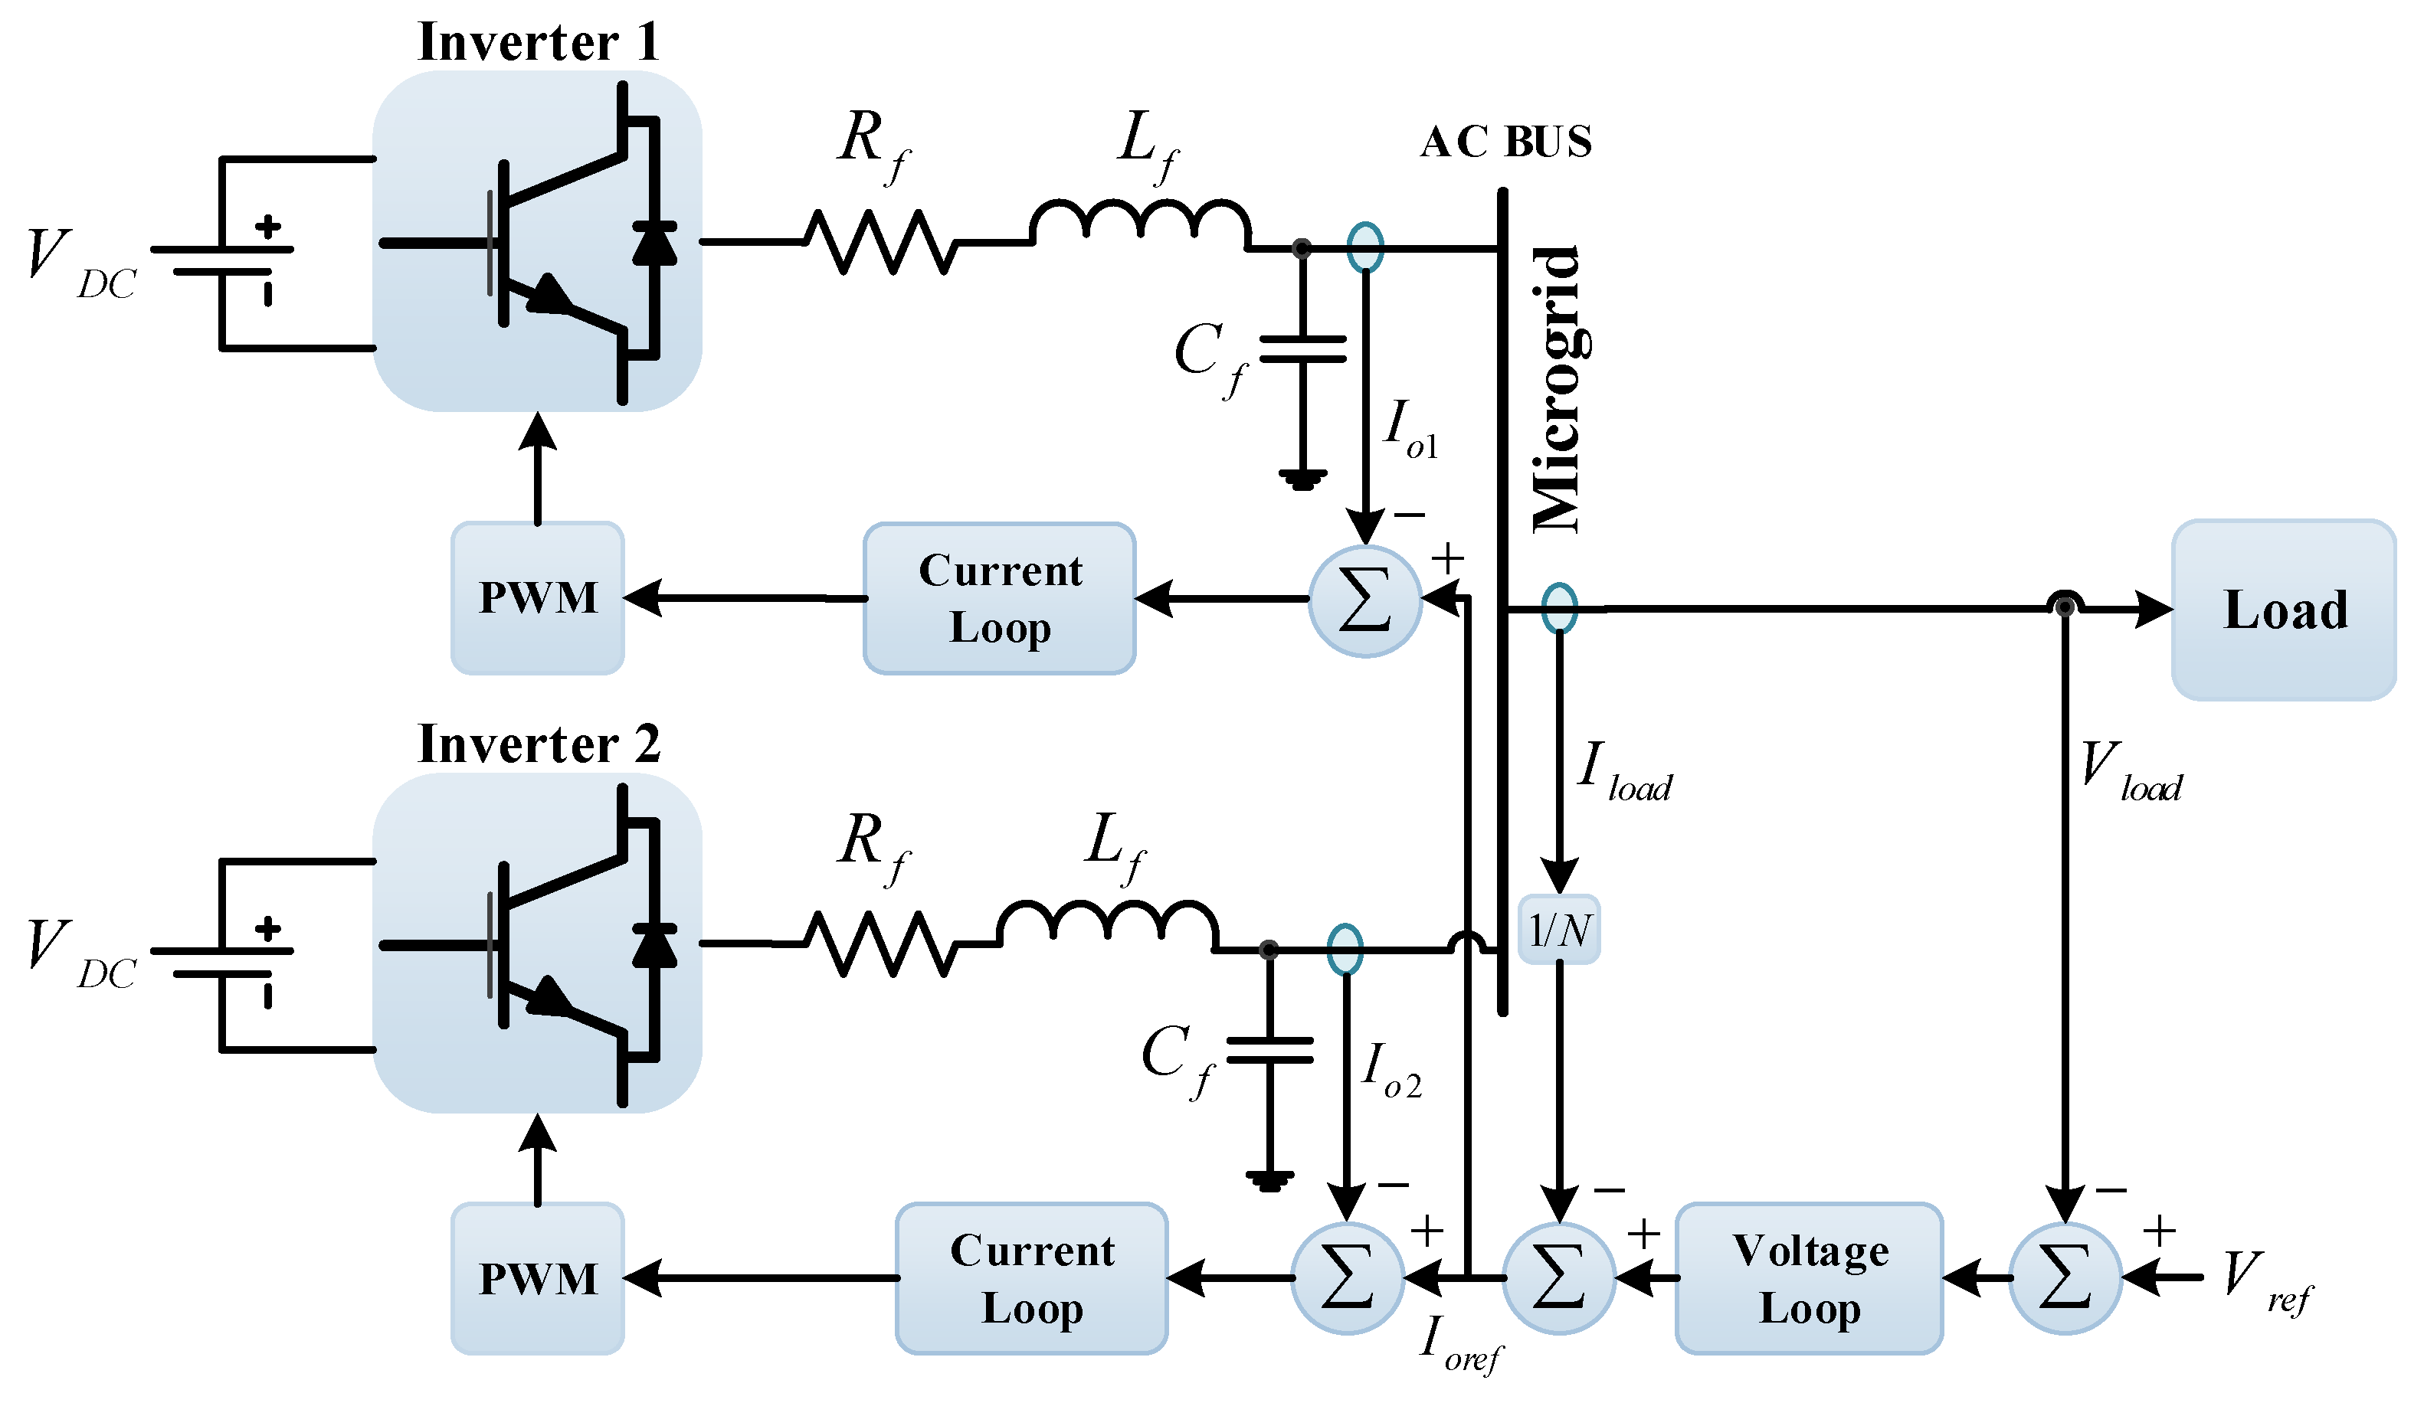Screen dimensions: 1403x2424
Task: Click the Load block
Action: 2284,610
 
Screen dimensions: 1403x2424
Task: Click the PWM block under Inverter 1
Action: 538,598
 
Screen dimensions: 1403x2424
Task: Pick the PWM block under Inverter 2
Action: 538,1278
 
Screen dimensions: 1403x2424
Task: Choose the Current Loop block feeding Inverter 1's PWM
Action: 1000,598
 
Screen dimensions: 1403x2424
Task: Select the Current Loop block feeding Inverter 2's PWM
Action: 1031,1278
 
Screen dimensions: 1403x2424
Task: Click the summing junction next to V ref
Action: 2064,1278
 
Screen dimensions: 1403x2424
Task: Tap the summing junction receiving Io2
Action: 1346,1278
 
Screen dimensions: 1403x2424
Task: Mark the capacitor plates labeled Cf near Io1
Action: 1302,349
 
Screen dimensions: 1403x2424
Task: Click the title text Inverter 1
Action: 538,42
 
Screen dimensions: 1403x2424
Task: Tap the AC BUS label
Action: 1505,142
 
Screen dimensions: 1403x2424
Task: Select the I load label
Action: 1623,772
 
